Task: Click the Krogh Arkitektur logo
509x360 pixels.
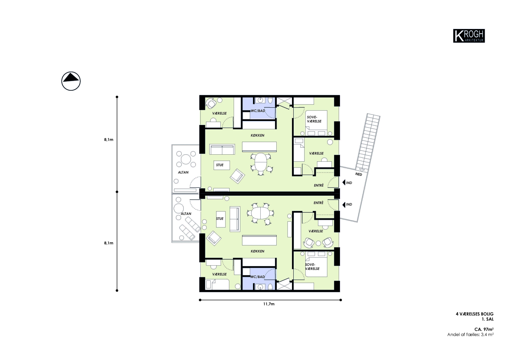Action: pos(469,36)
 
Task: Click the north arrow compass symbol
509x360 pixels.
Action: pos(71,81)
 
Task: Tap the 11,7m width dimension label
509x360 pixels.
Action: pos(269,304)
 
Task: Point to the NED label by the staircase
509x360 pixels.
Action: pos(359,174)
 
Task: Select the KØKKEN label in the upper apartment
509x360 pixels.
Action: pos(257,135)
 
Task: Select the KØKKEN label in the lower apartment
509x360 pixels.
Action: pos(257,251)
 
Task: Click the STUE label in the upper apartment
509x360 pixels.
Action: pos(220,165)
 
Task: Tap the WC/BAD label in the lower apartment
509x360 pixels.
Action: pos(257,277)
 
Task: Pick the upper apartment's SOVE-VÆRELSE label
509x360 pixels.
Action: pos(314,119)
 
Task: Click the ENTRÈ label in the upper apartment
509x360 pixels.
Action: pos(319,185)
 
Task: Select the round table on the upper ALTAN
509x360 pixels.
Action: pos(186,159)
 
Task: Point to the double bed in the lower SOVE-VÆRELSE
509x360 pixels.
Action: pos(316,264)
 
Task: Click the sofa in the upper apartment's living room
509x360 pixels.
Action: pos(222,149)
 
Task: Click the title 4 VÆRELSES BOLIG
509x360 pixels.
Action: pos(475,314)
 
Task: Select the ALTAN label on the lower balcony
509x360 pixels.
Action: pos(186,214)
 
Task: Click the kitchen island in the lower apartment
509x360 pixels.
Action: pos(259,240)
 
